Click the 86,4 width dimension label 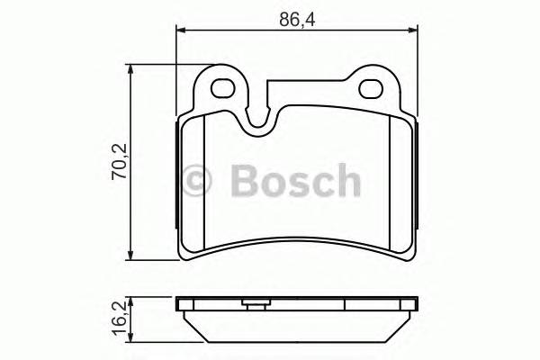click(294, 17)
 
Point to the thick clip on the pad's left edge click(175, 175)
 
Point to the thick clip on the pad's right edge click(419, 175)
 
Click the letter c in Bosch click(321, 183)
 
